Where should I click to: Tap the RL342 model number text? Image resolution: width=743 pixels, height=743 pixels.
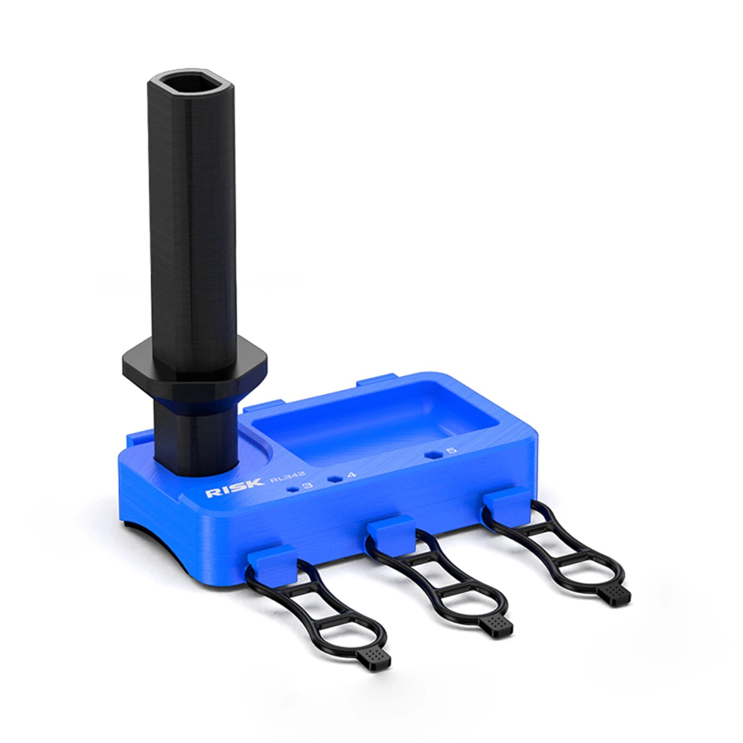tap(288, 477)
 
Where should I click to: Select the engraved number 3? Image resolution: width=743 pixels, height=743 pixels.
tap(307, 486)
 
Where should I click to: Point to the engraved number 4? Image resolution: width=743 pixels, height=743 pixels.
tap(352, 475)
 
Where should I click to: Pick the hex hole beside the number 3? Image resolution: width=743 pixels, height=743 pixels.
tap(293, 489)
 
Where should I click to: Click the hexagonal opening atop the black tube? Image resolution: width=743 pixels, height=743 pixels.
tap(190, 85)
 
